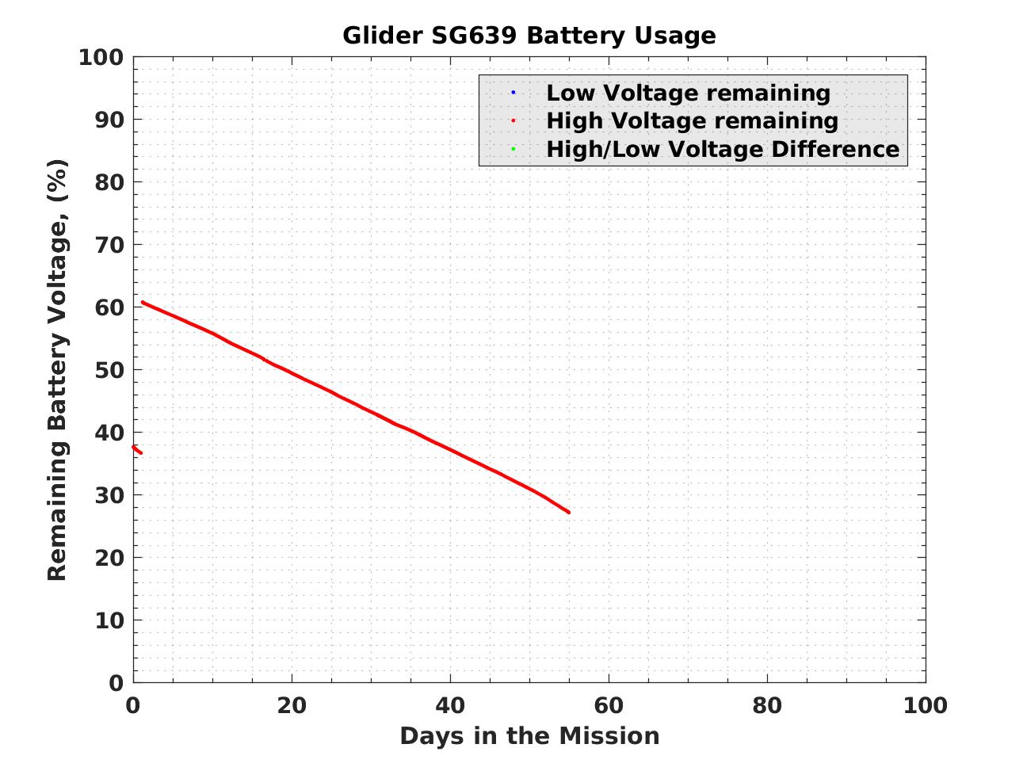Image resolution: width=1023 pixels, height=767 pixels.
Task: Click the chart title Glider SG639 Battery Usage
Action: [529, 36]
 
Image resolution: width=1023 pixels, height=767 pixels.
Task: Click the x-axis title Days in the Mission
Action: [529, 736]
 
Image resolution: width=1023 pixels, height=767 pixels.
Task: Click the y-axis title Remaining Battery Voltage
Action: [57, 369]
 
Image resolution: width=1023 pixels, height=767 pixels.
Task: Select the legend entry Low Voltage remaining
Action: [688, 93]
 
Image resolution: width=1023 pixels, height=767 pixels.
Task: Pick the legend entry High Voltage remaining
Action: [692, 120]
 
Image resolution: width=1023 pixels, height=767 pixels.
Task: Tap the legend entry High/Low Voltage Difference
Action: [723, 149]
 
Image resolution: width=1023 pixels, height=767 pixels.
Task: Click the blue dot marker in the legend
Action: [513, 93]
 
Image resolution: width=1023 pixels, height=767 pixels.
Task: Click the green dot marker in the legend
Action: [513, 149]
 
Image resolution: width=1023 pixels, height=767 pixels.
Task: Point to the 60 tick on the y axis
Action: [112, 307]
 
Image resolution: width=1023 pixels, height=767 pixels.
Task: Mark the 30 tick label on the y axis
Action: [112, 495]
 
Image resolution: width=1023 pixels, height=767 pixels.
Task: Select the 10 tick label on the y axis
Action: [112, 620]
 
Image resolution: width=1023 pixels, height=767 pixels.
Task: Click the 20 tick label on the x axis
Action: [292, 705]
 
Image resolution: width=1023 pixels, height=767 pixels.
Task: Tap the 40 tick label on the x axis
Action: [450, 705]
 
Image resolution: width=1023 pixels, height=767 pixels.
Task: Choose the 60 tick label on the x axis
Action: [609, 705]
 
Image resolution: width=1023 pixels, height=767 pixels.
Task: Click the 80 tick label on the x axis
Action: [767, 705]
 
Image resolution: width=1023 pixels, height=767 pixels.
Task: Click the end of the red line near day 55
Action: [568, 512]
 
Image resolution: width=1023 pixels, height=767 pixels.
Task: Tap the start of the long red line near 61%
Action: [143, 302]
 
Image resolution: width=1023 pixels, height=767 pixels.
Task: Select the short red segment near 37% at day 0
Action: [136, 449]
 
